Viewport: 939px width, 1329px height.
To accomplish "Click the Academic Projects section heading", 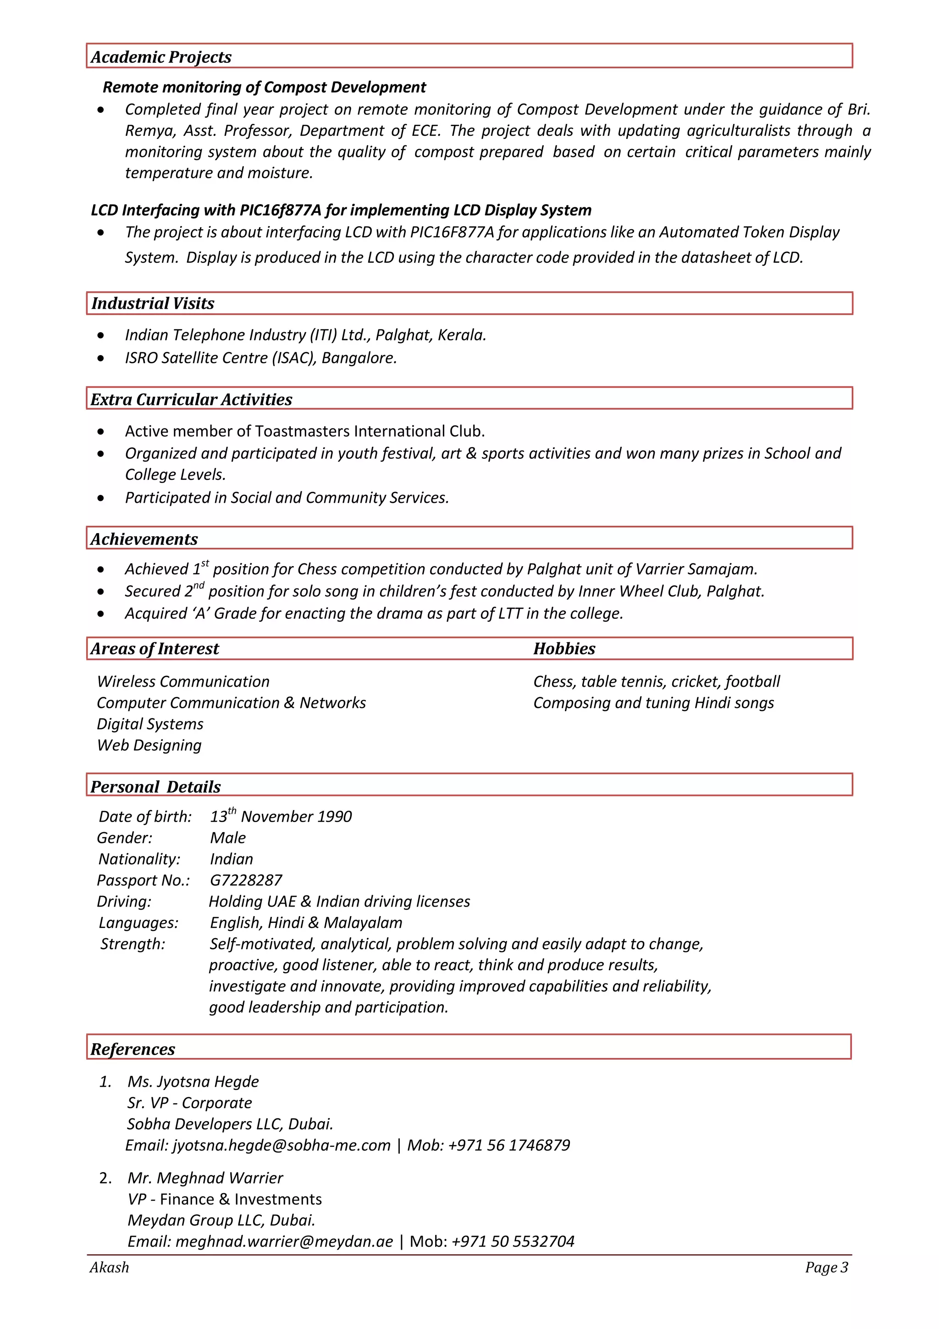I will (x=161, y=57).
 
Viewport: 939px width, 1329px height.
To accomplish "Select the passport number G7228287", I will (x=246, y=880).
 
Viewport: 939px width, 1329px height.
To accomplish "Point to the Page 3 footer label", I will (x=826, y=1268).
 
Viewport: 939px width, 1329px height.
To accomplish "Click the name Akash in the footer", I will (x=109, y=1268).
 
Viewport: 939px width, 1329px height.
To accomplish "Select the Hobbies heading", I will (x=564, y=649).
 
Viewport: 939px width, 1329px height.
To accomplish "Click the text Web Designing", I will (x=149, y=745).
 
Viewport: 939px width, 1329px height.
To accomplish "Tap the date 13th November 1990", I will (x=281, y=817).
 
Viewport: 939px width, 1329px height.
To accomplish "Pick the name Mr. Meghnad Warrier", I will (x=205, y=1178).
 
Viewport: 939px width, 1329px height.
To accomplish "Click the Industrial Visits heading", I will (x=153, y=303).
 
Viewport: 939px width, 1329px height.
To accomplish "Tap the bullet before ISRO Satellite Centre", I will (x=101, y=358).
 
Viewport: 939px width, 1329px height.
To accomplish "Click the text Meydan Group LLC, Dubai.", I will (x=221, y=1220).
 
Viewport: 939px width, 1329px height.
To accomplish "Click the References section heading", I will (x=133, y=1050).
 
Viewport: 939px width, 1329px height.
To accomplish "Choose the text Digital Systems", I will (x=150, y=724).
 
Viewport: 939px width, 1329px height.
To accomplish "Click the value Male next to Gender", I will (x=228, y=838).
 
